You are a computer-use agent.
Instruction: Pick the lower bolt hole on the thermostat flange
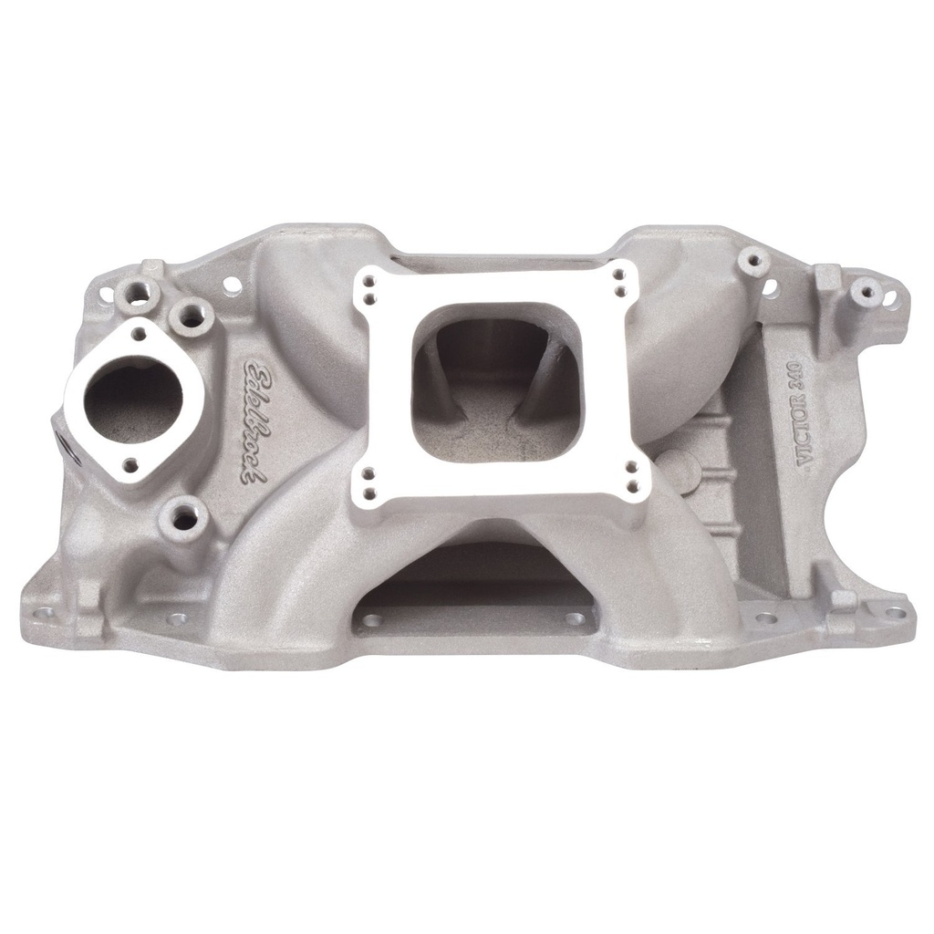coord(131,465)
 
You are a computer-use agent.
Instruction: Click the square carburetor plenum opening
coord(495,382)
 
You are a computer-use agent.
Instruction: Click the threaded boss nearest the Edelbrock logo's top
coord(192,316)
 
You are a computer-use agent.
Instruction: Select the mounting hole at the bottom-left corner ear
coord(42,613)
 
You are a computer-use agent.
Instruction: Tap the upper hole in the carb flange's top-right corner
coord(620,274)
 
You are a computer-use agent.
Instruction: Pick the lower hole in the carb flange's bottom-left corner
coord(370,494)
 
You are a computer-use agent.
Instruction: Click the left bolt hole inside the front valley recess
coord(371,620)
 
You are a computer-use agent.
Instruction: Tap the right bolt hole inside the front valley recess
coord(574,618)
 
